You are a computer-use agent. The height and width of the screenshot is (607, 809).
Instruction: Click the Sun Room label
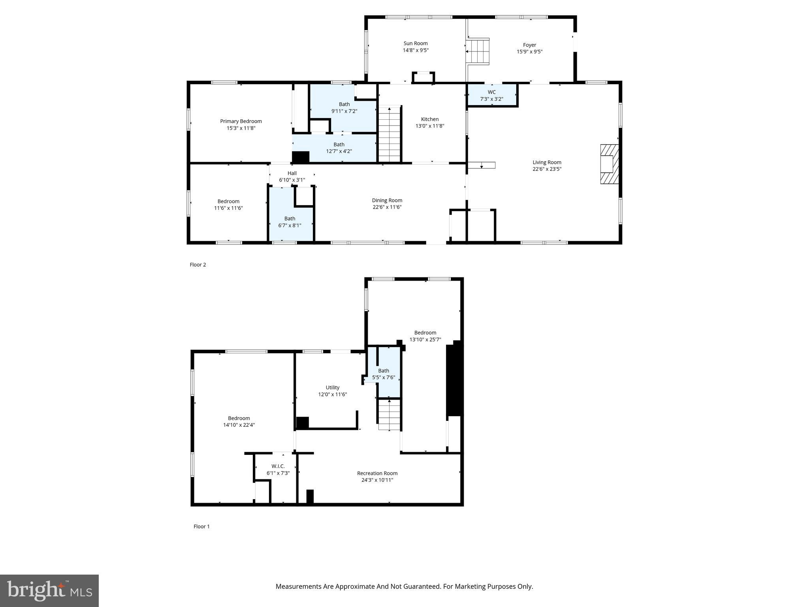click(x=415, y=43)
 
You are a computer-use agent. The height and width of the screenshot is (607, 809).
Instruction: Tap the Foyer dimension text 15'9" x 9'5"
click(x=529, y=52)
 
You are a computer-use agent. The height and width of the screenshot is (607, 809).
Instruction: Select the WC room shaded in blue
click(x=491, y=95)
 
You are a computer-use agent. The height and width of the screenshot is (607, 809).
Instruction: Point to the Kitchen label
click(x=429, y=119)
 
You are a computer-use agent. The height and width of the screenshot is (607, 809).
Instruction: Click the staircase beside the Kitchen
click(x=389, y=134)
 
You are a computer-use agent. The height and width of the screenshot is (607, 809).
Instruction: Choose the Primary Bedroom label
click(x=241, y=121)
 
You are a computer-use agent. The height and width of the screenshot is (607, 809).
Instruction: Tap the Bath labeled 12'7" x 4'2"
click(x=339, y=148)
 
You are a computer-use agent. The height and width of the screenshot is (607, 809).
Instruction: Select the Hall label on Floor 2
click(x=292, y=173)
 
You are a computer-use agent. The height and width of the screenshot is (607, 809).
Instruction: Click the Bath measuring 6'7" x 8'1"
click(x=290, y=222)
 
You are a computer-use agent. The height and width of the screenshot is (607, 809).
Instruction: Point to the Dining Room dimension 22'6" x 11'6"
click(x=387, y=207)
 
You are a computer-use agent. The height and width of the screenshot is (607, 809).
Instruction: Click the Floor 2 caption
click(x=198, y=265)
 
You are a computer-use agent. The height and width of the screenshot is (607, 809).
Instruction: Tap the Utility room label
click(x=332, y=388)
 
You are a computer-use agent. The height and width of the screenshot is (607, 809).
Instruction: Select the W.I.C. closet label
click(x=278, y=466)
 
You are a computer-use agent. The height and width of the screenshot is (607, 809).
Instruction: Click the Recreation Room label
click(x=377, y=473)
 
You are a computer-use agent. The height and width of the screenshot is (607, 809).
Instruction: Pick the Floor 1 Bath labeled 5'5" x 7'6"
click(x=383, y=374)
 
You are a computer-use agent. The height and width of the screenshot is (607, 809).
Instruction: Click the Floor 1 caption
click(x=201, y=526)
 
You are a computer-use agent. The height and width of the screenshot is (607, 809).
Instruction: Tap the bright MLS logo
click(x=49, y=590)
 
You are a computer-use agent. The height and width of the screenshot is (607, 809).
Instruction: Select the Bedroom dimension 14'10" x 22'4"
click(x=239, y=425)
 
